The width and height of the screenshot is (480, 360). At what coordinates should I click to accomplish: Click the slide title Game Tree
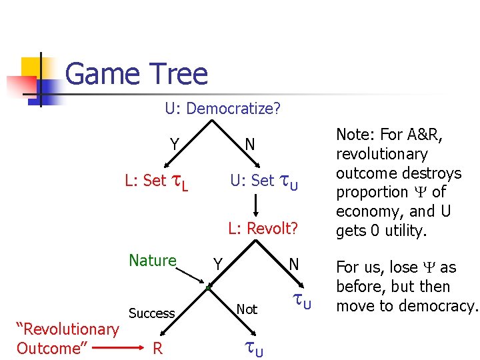click(x=137, y=74)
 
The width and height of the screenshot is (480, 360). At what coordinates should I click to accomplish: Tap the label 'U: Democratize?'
click(x=223, y=108)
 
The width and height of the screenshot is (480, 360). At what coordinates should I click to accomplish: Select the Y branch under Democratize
click(x=174, y=145)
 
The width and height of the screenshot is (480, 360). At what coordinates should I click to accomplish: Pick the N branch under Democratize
click(x=249, y=145)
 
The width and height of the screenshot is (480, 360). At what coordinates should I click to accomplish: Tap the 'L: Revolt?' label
click(x=263, y=229)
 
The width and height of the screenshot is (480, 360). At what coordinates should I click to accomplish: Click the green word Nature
click(x=153, y=261)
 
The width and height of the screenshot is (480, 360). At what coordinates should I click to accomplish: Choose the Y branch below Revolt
click(x=217, y=265)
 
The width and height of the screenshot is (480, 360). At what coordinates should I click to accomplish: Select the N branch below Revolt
click(x=294, y=264)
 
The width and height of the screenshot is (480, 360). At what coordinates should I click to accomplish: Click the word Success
click(x=151, y=313)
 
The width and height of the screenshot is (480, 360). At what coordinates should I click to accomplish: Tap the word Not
click(x=247, y=309)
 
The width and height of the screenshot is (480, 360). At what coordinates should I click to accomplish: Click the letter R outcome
click(x=157, y=348)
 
